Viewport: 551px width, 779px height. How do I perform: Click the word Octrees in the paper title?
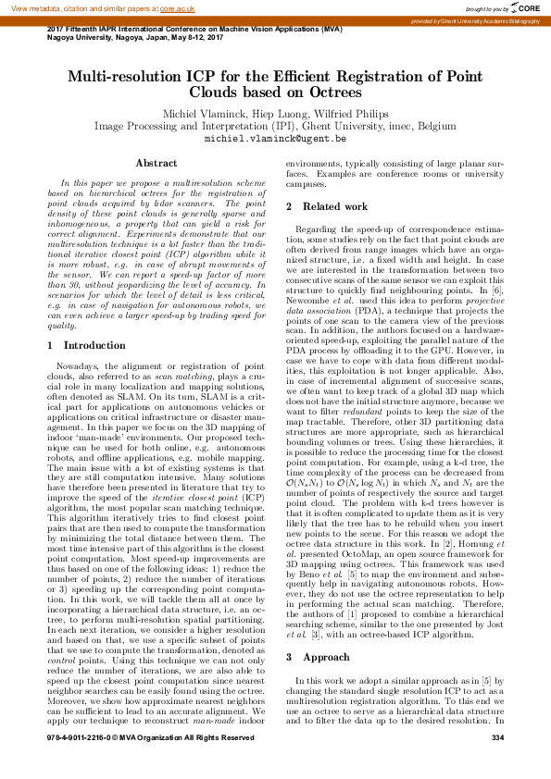[x=329, y=93]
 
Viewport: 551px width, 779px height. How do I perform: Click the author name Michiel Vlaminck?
[x=206, y=113]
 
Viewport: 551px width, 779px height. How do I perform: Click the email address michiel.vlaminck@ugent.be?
[x=275, y=138]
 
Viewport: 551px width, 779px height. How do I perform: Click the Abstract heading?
[x=157, y=164]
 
